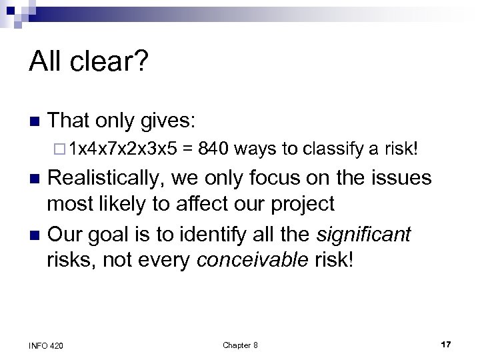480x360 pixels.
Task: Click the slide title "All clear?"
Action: (x=89, y=63)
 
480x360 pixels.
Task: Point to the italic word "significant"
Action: (x=364, y=235)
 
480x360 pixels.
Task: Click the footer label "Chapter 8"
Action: (x=240, y=345)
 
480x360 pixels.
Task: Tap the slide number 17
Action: (x=446, y=344)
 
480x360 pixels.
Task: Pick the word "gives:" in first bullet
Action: (x=167, y=121)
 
